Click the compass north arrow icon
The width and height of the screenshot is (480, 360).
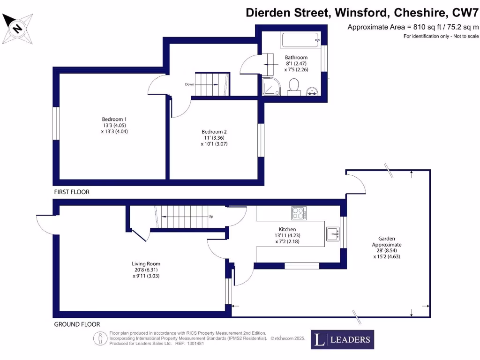pos(18,29)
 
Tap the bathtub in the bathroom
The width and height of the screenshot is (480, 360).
pos(300,40)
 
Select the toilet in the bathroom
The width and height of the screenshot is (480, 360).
pos(294,86)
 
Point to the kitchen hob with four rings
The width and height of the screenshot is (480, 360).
pos(299,214)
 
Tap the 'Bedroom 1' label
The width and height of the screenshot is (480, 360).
pos(115,120)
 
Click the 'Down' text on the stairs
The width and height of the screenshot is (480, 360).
pos(189,85)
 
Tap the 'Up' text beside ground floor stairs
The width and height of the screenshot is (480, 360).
pos(211,217)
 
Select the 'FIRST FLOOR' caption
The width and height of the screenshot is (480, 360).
pos(71,192)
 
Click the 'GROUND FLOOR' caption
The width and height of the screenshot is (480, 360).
pos(77,324)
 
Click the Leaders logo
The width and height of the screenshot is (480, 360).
pos(342,340)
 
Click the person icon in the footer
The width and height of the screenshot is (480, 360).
pos(99,338)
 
